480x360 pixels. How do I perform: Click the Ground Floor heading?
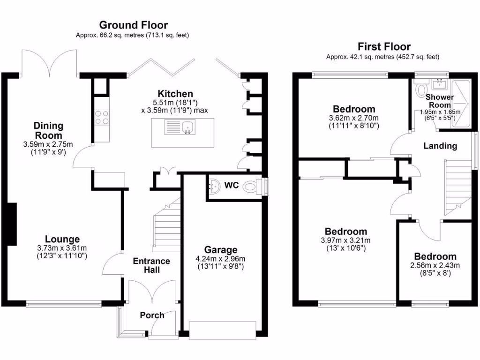point(133,25)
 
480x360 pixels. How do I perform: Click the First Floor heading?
point(384,46)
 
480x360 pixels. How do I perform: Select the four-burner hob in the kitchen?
point(102,117)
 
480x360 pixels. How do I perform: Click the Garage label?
point(221,250)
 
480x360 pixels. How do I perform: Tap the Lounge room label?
point(62,239)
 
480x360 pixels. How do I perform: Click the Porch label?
point(152,315)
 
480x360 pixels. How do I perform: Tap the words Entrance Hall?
point(151,265)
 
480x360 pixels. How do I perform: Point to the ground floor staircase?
point(167,225)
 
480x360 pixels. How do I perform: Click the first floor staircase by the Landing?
point(457,187)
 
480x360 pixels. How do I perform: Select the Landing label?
point(440,146)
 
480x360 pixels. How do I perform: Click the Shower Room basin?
point(440,84)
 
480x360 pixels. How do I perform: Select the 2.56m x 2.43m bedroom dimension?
point(435,265)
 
